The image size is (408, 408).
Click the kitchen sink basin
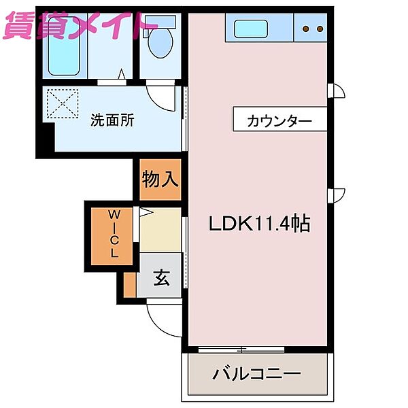click(x=251, y=29)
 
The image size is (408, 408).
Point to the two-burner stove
click(x=311, y=29)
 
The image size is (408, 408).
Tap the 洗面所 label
click(x=113, y=121)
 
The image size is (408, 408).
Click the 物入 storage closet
click(x=160, y=180)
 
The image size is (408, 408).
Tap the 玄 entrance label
click(x=161, y=277)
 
